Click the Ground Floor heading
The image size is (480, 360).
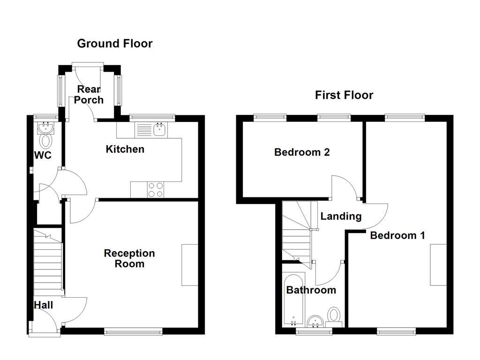pos(115,44)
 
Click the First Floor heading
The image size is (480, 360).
pos(344,95)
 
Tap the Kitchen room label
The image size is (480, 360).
pos(125,149)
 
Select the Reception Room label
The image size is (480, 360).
pos(129,258)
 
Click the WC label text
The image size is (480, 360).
pos(43,156)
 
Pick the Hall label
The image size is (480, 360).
pos(43,305)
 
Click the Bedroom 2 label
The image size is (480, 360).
pos(302,152)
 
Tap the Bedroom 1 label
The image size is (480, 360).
pos(397,235)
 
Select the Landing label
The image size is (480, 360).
pos(341,216)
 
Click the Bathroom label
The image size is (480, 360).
pos(311,290)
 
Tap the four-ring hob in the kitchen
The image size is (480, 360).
pos(156,189)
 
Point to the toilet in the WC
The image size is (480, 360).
pos(46,140)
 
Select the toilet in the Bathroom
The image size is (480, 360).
pos(334,315)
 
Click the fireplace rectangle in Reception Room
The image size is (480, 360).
pos(190,264)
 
